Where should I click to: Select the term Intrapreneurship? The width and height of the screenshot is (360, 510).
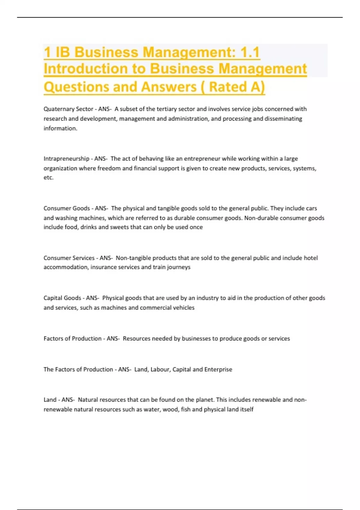tap(66, 159)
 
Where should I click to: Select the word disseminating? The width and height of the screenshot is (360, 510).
tap(283, 119)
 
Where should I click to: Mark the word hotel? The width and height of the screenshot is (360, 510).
tap(310, 258)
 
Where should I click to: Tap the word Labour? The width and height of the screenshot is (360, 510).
tap(160, 370)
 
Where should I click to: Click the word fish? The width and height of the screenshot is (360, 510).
tap(186, 409)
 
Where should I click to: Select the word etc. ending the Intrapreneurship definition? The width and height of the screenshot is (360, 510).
tap(48, 178)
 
